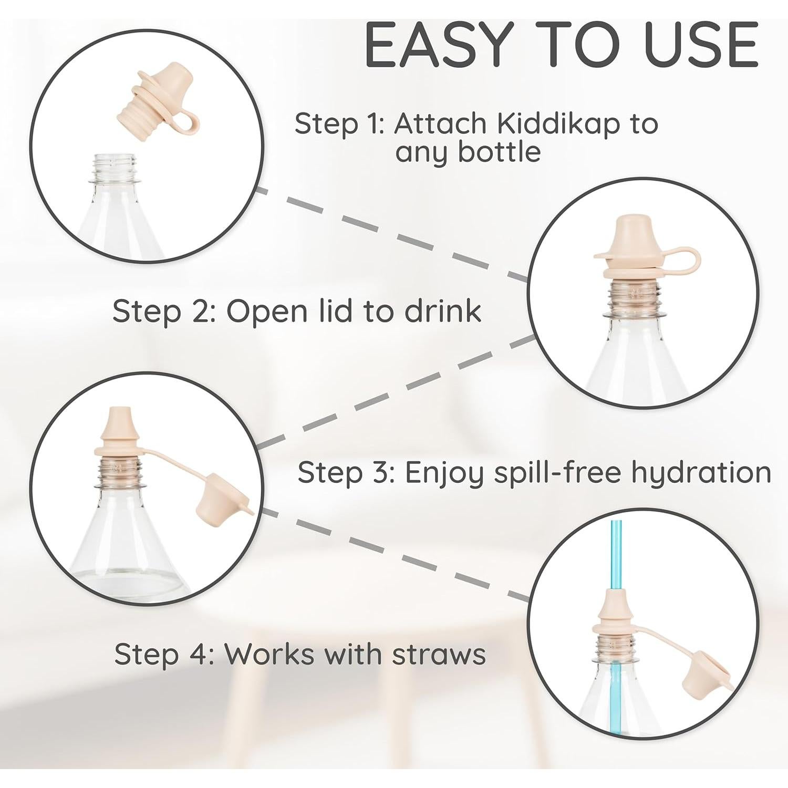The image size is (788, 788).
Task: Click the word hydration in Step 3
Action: pos(701,473)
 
